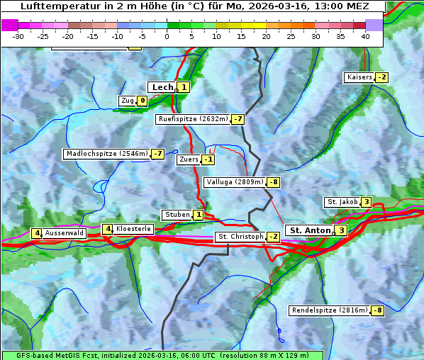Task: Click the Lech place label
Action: (162, 87)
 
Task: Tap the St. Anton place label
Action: (310, 230)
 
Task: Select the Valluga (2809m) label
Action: (234, 182)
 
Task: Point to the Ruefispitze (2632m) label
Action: (193, 119)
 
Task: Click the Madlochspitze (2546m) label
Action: (106, 154)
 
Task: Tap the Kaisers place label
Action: (359, 77)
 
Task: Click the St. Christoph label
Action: (240, 237)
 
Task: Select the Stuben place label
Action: (177, 215)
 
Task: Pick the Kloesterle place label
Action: (133, 229)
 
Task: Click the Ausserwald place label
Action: (65, 233)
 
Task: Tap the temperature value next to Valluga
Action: (274, 182)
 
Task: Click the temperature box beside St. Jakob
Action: (366, 202)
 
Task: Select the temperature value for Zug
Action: (142, 101)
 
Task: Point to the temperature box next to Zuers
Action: (208, 159)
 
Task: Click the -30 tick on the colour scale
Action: (18, 35)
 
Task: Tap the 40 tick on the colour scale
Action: (365, 35)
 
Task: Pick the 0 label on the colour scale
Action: (167, 35)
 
